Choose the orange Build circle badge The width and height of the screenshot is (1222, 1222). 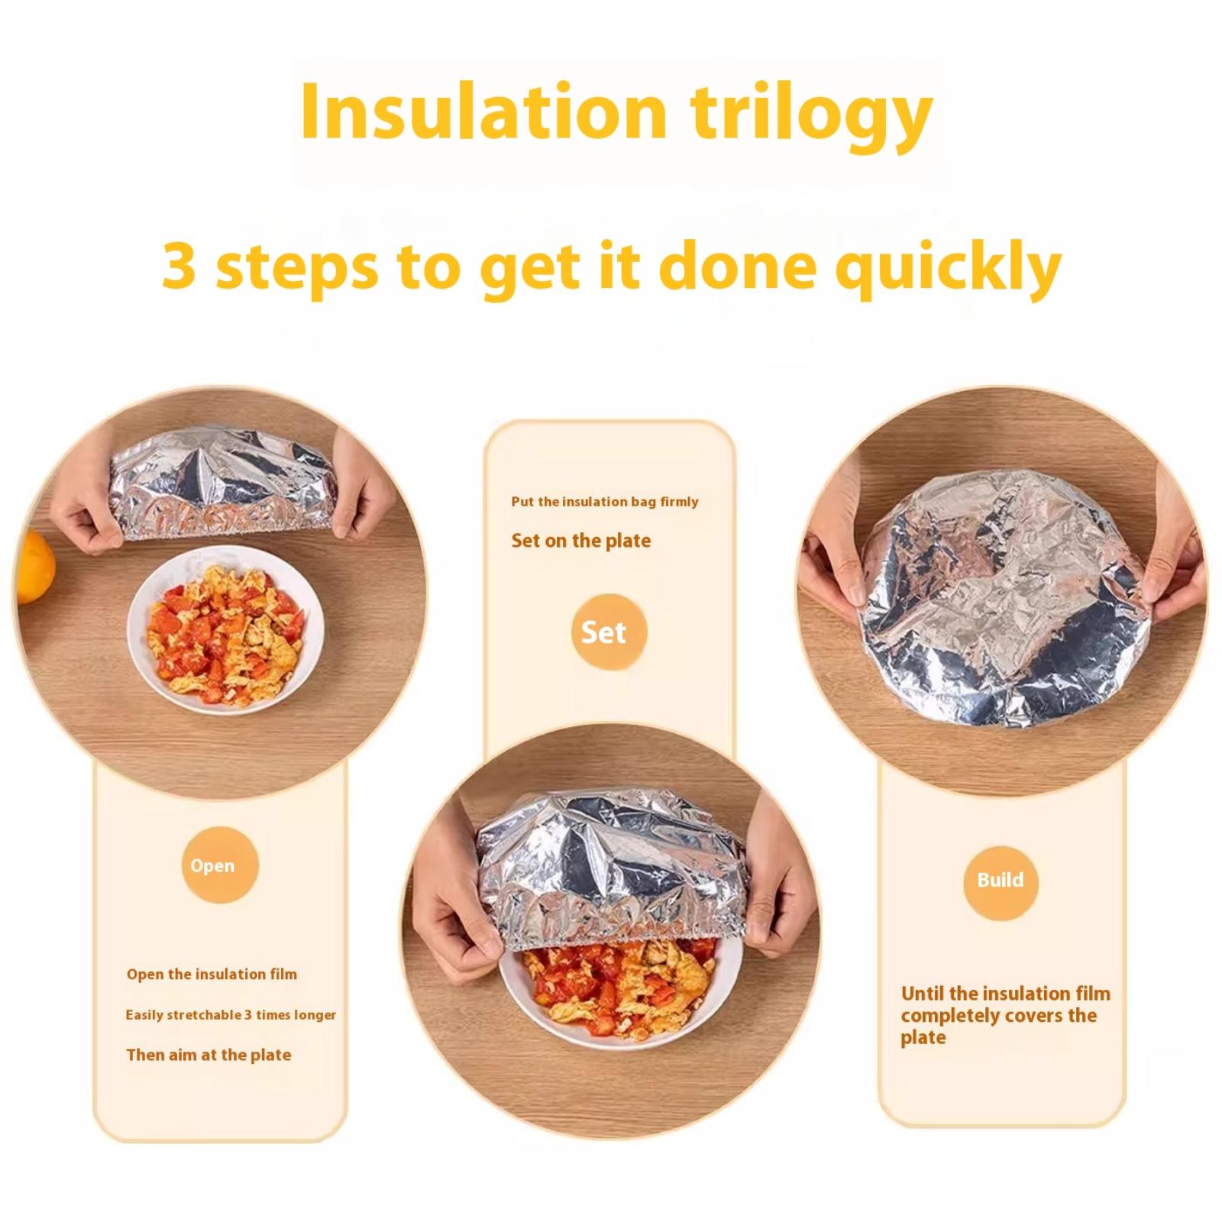point(1001,880)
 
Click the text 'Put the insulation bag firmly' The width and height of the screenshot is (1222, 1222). point(605,502)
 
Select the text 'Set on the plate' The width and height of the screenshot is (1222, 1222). point(581,541)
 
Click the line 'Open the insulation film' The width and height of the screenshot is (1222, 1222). point(212,974)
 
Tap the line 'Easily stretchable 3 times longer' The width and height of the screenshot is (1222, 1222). point(231,1015)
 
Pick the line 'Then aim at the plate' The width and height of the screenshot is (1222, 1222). point(209,1055)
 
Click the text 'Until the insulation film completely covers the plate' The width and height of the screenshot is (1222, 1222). point(1006,1015)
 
